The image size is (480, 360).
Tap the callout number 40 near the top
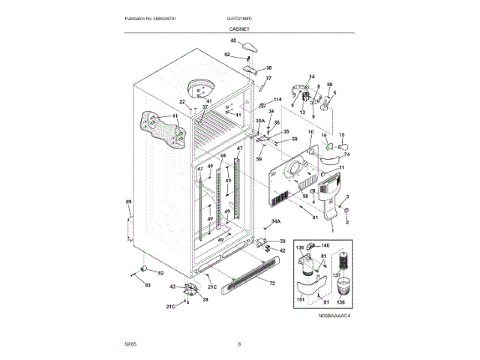click(x=232, y=40)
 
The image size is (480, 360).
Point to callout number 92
click(x=227, y=54)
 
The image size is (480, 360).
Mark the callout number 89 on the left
click(x=128, y=202)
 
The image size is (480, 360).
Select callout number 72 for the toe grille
click(x=271, y=283)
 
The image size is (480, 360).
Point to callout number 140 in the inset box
click(x=325, y=245)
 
